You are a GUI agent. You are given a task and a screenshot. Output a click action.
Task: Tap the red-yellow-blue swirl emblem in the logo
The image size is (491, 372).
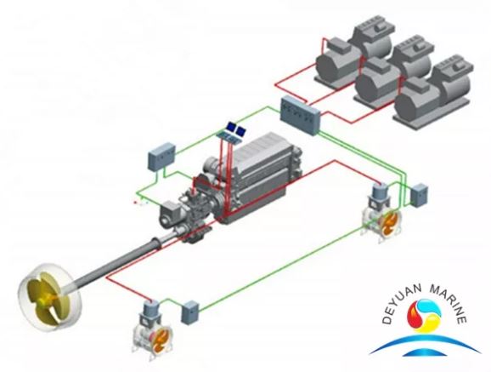(424, 316)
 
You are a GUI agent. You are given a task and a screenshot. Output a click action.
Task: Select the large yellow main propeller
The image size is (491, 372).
(50, 296)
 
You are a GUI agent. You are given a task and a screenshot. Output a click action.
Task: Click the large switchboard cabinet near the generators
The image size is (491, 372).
(300, 115)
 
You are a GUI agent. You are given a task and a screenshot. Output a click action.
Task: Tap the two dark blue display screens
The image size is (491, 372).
(236, 129)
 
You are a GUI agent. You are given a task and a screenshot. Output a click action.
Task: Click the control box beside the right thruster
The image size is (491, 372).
(419, 195)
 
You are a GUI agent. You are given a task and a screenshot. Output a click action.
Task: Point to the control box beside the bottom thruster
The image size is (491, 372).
(189, 312)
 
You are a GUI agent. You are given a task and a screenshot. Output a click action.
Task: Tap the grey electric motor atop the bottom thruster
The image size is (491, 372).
(151, 312)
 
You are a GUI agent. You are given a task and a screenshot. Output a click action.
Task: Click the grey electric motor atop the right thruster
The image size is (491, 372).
(379, 196)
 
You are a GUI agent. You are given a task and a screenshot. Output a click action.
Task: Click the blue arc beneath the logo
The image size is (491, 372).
(425, 341)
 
